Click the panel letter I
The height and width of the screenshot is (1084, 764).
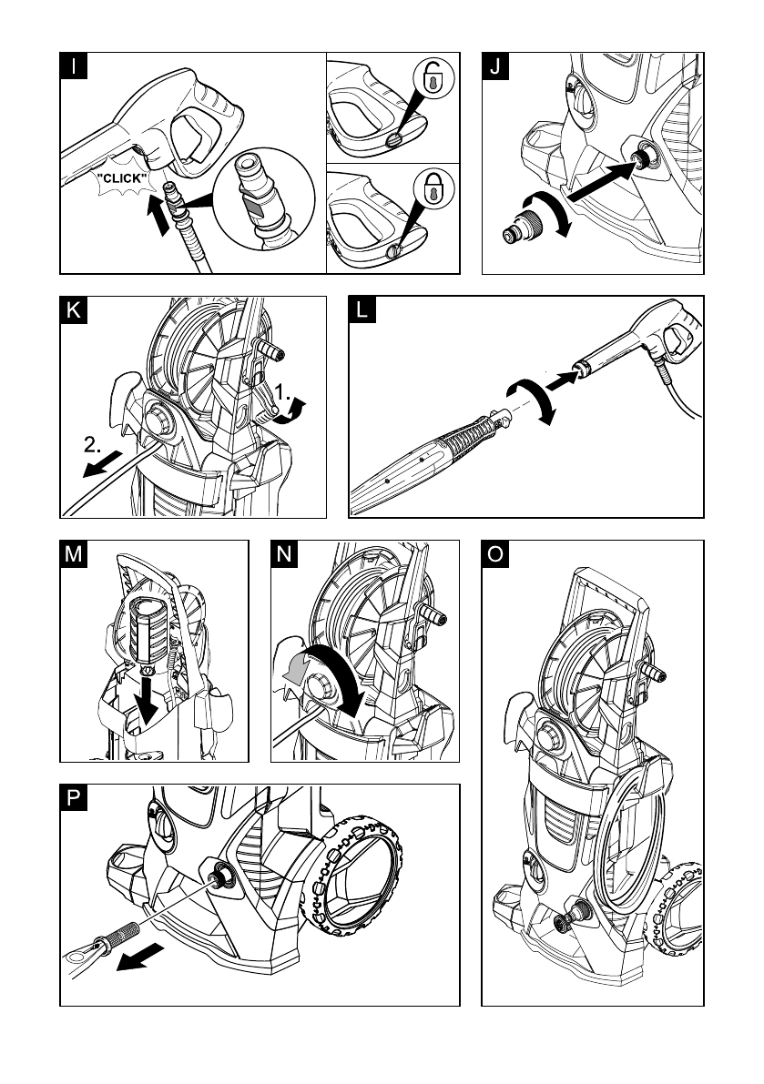tap(74, 66)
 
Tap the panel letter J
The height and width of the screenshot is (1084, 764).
tap(495, 66)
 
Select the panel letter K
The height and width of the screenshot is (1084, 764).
tap(74, 310)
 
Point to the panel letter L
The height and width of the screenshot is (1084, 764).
tap(362, 309)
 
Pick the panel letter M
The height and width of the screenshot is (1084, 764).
tap(74, 554)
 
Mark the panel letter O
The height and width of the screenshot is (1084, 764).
tap(495, 554)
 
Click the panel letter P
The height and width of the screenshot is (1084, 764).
tap(74, 798)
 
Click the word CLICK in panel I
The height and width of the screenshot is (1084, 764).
tap(122, 178)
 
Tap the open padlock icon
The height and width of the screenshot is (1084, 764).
tap(434, 76)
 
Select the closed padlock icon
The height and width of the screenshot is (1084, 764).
tap(434, 188)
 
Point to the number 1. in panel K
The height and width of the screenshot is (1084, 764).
tap(282, 392)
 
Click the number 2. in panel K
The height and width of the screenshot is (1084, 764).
tap(93, 445)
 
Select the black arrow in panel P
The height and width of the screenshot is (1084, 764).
tap(140, 957)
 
